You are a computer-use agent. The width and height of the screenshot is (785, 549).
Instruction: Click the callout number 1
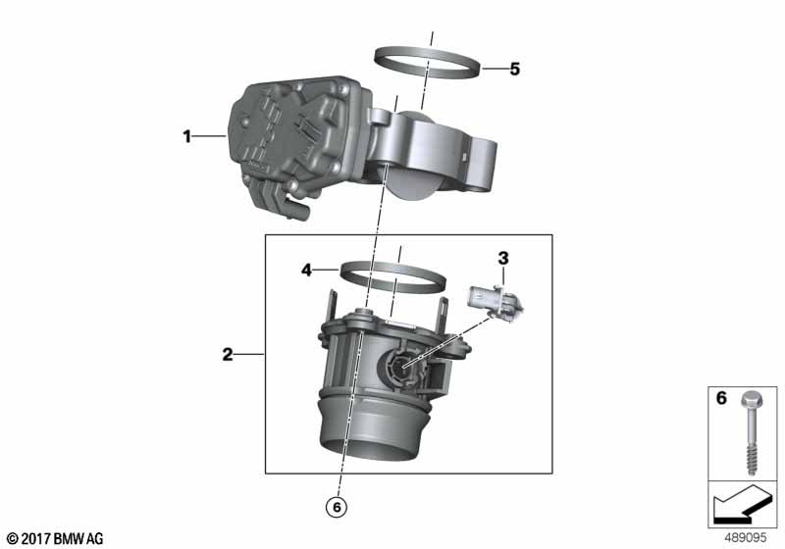(x=186, y=135)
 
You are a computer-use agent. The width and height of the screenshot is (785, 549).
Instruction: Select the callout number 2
(x=228, y=355)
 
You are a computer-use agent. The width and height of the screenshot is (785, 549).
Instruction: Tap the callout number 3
(x=503, y=258)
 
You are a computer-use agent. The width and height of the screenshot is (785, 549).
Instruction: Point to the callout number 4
(x=306, y=271)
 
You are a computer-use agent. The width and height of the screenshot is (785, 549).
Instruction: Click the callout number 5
(x=514, y=69)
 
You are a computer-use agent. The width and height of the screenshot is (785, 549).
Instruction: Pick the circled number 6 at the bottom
(x=337, y=507)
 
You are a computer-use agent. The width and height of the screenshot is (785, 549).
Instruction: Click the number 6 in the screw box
(x=721, y=398)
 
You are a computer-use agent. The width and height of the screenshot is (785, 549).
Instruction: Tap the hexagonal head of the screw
(x=750, y=399)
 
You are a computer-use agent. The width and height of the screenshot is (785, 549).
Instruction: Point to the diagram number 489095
(x=746, y=538)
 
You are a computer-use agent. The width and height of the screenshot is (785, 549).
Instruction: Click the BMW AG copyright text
(x=56, y=538)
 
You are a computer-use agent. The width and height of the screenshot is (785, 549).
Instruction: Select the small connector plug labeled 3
(x=495, y=302)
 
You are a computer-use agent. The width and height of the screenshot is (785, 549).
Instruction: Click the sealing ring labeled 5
(x=429, y=62)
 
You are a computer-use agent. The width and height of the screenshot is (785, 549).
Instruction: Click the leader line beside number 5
(x=494, y=69)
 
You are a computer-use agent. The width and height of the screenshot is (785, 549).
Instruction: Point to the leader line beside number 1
(x=210, y=135)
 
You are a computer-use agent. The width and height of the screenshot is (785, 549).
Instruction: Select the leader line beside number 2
(x=250, y=355)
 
